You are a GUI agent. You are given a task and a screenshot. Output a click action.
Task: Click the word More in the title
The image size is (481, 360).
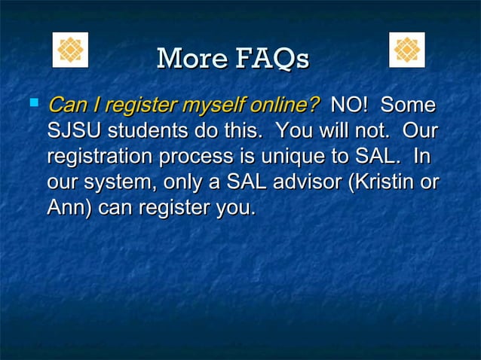tap(188, 59)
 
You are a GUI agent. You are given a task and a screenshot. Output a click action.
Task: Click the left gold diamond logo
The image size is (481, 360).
tap(69, 50)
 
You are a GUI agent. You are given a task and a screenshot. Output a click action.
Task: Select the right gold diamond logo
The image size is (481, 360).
tap(407, 50)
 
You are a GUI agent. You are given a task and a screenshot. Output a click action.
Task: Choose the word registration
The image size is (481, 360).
tap(100, 157)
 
